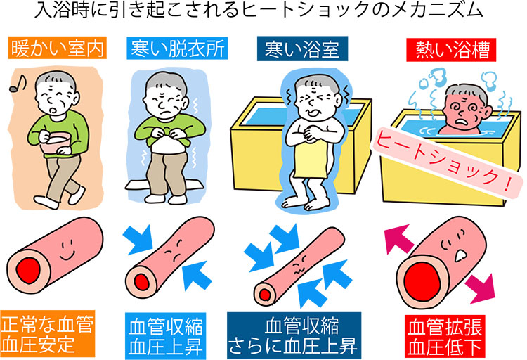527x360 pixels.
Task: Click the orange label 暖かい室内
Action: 57,48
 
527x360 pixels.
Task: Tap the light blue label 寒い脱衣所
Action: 177,48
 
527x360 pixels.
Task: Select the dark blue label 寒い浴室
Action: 302,49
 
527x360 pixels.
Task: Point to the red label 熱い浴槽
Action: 451,50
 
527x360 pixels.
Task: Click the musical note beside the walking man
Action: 18,84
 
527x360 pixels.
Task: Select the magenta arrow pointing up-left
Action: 398,238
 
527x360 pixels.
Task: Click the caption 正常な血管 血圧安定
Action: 47,334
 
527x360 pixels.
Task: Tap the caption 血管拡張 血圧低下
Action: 445,337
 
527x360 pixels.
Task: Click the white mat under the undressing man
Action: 164,185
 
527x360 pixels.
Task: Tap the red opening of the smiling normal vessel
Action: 29,271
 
